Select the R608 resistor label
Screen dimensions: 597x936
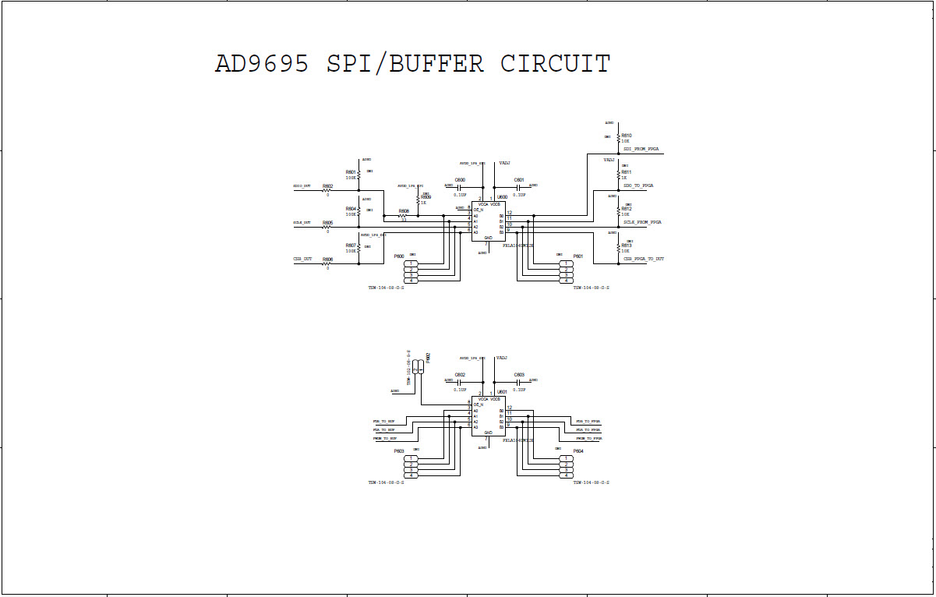click(403, 211)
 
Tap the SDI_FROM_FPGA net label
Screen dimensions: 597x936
click(641, 148)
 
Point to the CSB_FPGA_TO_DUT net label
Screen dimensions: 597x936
click(644, 259)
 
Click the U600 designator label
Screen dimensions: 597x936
click(502, 197)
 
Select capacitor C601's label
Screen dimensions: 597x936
click(519, 180)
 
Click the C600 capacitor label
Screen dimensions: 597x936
click(460, 180)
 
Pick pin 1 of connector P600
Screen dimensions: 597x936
click(411, 263)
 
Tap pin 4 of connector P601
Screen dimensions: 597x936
click(567, 281)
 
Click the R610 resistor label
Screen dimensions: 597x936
click(626, 136)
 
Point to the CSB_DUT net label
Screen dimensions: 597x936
click(302, 259)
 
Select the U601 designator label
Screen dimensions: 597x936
click(502, 392)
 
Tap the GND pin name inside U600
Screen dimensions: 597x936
click(488, 237)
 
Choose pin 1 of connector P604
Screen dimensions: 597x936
click(567, 458)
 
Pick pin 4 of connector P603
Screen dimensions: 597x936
click(411, 475)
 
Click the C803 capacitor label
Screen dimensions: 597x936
click(519, 375)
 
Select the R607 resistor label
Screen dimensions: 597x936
click(351, 246)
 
